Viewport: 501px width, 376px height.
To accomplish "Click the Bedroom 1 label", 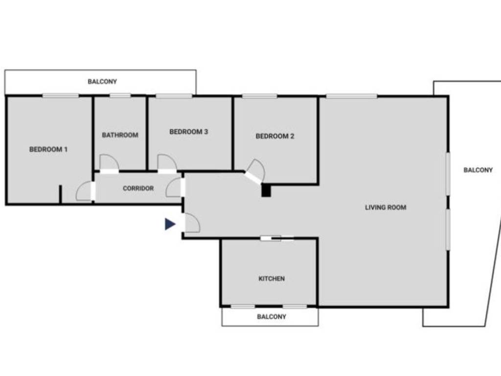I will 48,149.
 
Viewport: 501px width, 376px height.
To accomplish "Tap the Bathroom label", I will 120,135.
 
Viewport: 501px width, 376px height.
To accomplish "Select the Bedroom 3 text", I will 189,132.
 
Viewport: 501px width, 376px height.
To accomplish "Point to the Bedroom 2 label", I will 275,136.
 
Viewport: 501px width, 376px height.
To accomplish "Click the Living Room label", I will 386,208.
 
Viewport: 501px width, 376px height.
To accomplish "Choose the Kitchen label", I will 272,279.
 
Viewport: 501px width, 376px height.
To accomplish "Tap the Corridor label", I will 138,188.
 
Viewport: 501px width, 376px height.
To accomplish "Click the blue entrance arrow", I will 170,224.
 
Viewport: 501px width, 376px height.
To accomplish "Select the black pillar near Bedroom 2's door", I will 266,190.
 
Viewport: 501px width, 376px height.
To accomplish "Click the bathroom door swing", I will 109,163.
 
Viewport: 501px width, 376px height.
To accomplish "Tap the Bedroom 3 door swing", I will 166,163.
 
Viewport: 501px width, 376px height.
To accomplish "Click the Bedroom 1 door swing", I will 85,191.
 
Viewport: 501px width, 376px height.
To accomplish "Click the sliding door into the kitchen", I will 277,239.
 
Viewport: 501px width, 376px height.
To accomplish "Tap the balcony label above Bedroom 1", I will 102,82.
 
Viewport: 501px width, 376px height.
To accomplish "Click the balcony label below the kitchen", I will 272,317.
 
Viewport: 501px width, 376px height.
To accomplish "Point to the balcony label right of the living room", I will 478,170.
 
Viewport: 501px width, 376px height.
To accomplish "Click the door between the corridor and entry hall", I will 175,188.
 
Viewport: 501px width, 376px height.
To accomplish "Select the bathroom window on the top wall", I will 120,95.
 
